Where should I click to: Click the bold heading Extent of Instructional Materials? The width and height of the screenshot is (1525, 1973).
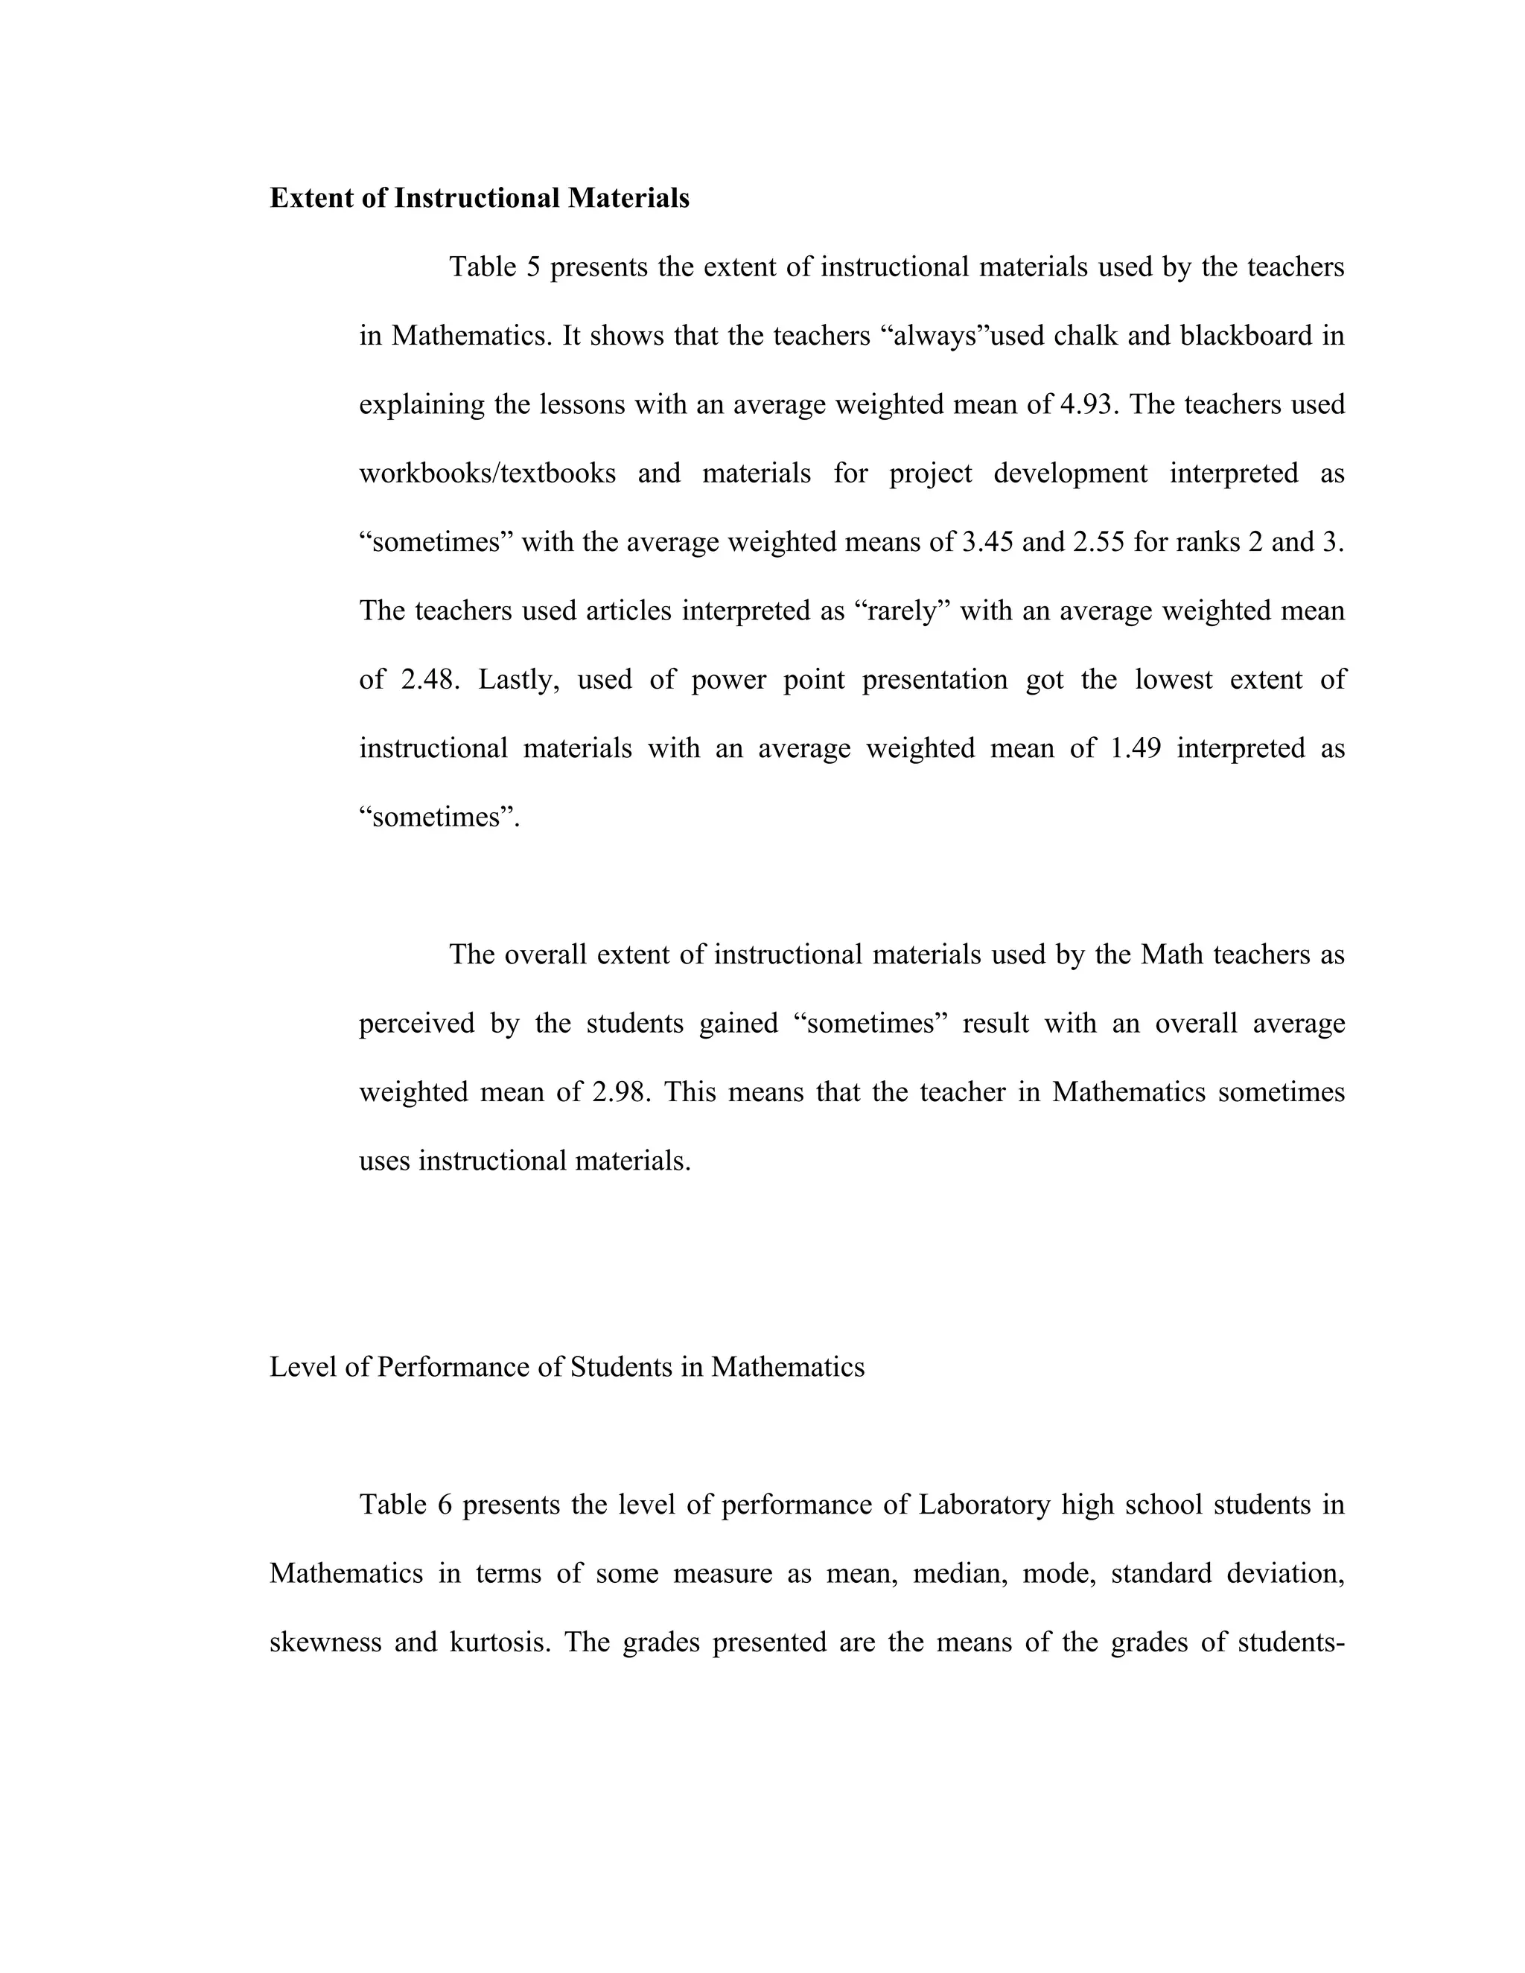(479, 198)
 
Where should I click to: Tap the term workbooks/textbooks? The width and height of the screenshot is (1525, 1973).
(488, 473)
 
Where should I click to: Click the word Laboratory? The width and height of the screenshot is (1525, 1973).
(984, 1504)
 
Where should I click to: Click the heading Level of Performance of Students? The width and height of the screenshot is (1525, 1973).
(567, 1367)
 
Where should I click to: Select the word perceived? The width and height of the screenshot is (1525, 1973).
(416, 1023)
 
